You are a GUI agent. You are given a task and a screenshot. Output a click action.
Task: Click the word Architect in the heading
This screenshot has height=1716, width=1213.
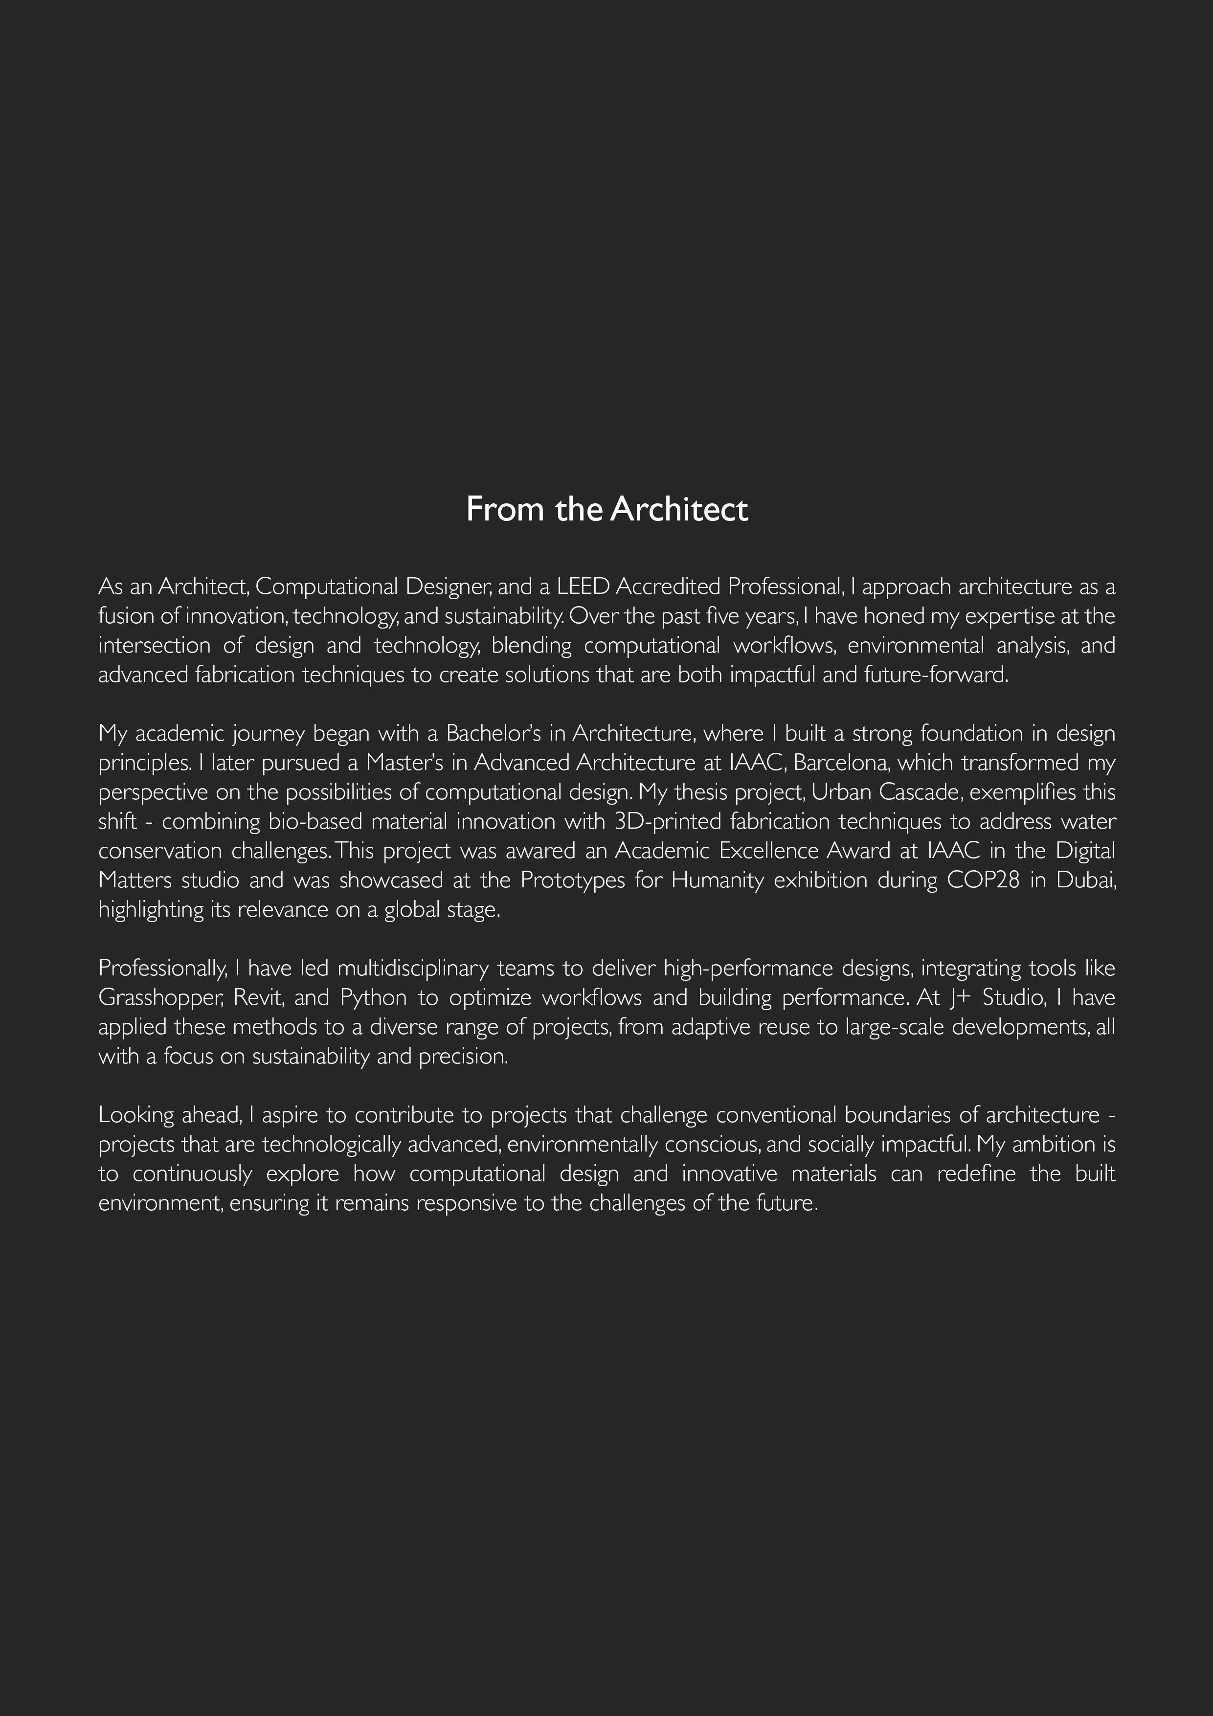(678, 510)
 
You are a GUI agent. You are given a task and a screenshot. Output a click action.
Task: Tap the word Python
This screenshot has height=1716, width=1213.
(373, 998)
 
